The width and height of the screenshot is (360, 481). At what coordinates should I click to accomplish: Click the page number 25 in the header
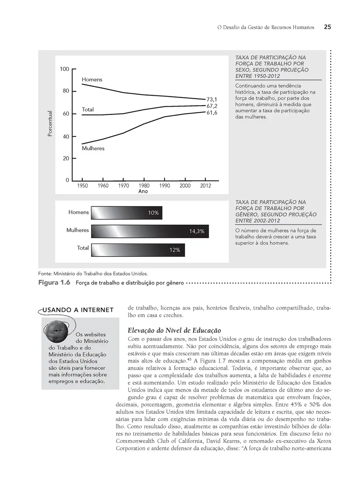pos(327,27)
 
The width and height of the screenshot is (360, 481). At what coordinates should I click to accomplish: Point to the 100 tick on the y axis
pos(65,69)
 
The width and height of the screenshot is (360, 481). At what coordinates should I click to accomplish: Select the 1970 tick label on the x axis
pos(123,186)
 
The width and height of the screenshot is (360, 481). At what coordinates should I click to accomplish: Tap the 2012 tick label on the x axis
pos(206,186)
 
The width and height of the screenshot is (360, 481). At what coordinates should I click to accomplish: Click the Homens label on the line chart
pos(92,80)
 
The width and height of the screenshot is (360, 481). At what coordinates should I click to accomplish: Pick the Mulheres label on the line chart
pos(93,148)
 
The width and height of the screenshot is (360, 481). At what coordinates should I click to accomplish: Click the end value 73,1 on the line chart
pos(212,99)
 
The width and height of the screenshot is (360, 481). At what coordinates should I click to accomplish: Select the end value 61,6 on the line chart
pos(212,113)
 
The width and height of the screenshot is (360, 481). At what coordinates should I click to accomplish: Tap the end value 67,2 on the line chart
pos(212,106)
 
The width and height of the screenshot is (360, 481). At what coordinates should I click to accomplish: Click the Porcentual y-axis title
pos(50,123)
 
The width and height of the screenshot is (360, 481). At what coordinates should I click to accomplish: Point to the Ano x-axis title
pos(143,191)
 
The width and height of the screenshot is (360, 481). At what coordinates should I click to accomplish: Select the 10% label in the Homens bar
pos(153,213)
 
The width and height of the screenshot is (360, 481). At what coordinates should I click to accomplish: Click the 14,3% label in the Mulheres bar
pos(197,232)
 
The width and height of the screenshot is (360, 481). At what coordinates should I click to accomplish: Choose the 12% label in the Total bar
pos(175,250)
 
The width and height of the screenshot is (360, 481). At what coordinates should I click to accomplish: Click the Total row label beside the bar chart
pos(83,248)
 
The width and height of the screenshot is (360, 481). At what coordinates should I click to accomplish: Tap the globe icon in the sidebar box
pos(56,329)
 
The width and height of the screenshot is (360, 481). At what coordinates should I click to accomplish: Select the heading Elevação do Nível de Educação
pos(174,330)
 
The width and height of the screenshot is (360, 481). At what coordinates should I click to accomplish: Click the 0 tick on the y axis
pos(68,180)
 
